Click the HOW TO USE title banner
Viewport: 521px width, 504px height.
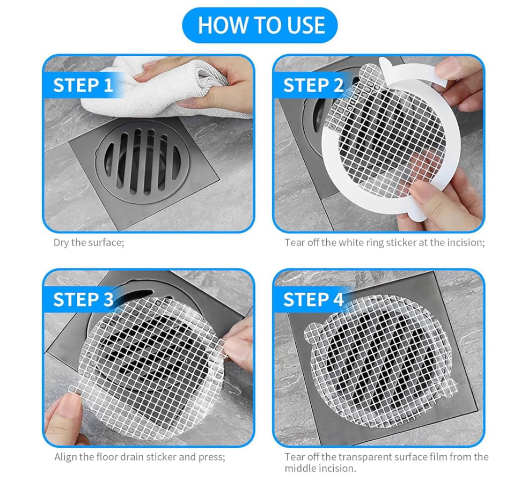coord(260,25)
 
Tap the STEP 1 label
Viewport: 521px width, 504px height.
coord(83,85)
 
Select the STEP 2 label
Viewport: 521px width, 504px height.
coord(313,85)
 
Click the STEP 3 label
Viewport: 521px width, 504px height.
coord(83,300)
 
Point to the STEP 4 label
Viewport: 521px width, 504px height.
coord(313,300)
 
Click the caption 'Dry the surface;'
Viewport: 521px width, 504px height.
coord(89,242)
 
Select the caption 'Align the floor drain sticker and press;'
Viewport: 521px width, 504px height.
coord(140,457)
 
